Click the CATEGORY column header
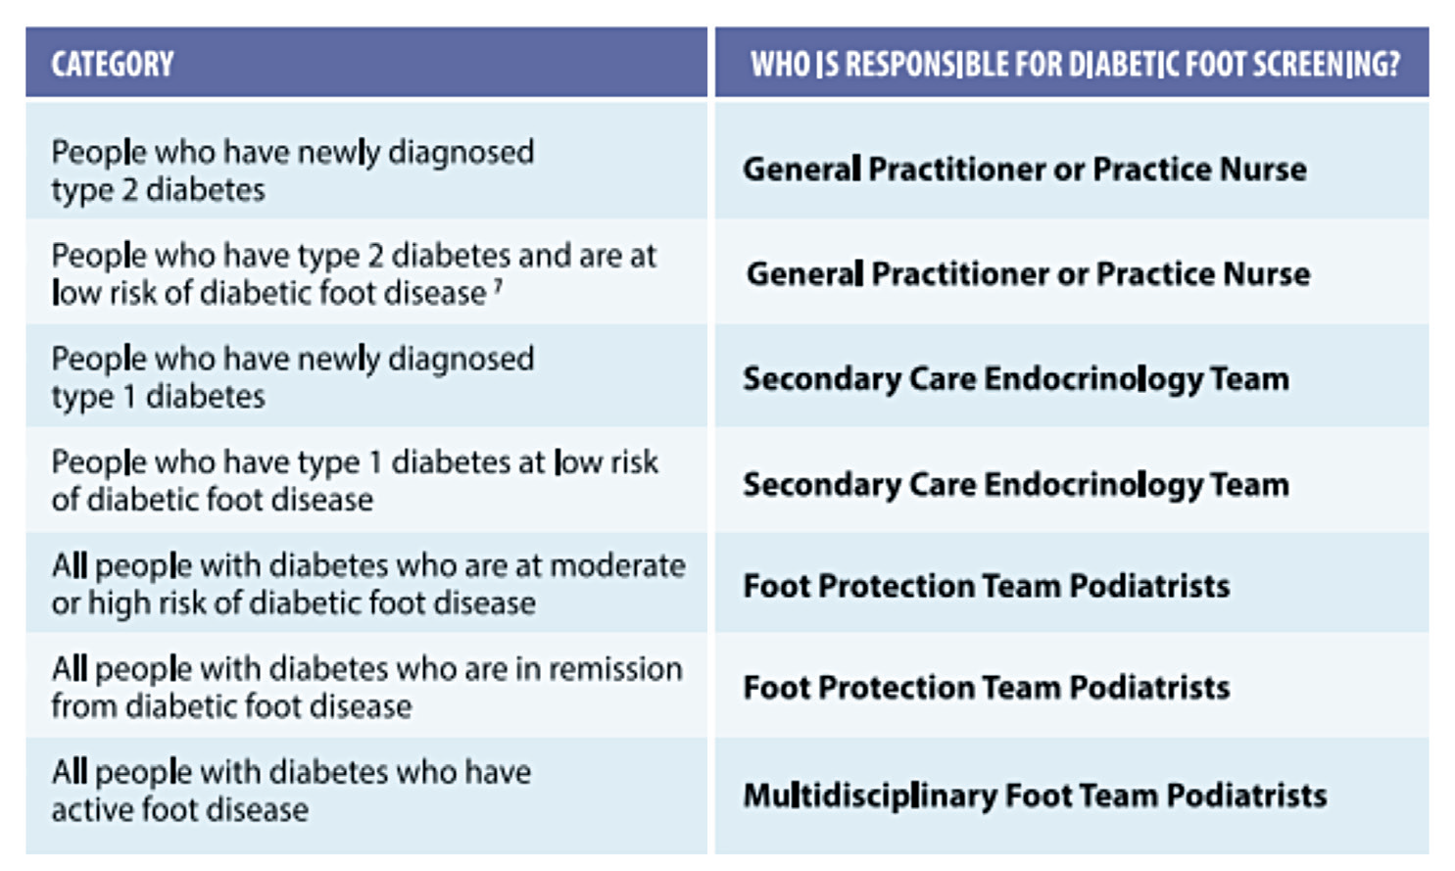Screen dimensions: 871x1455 (x=113, y=65)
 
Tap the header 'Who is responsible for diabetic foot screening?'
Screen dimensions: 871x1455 (x=1074, y=65)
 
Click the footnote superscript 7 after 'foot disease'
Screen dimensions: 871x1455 (x=499, y=286)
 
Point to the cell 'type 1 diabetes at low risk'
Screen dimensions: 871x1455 (x=354, y=480)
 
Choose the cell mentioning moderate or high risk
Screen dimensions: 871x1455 (x=367, y=584)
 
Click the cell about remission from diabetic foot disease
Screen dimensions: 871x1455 (x=366, y=687)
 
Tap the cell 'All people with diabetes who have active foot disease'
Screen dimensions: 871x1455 (x=291, y=791)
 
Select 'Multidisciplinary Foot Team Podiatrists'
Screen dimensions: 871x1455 (x=1035, y=795)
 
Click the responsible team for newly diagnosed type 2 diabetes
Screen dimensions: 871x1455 (x=1024, y=169)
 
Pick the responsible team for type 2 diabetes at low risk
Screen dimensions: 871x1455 (x=1028, y=273)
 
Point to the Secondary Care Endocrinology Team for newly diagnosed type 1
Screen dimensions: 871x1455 (x=1015, y=378)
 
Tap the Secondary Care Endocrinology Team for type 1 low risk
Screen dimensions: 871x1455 (x=1015, y=484)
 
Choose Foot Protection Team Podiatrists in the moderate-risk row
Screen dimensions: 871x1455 (x=986, y=586)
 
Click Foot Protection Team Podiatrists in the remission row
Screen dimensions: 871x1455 (x=986, y=688)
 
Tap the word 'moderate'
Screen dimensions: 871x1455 (x=617, y=565)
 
